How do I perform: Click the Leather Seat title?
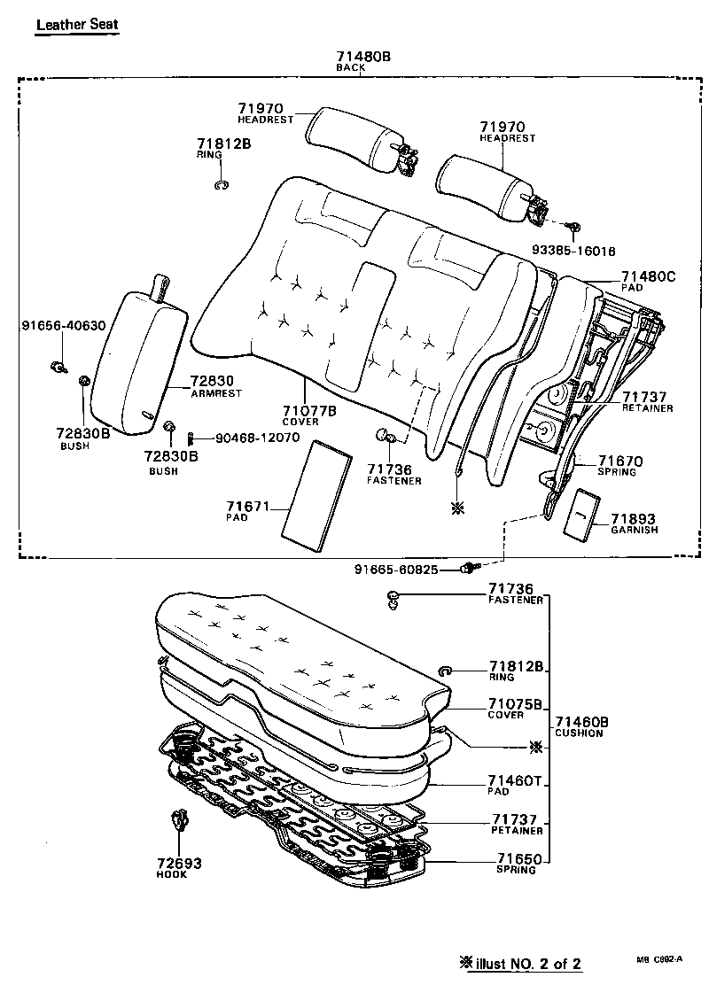tap(76, 24)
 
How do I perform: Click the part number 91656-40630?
tap(63, 325)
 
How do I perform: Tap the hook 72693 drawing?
tap(181, 820)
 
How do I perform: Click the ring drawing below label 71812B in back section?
tap(222, 185)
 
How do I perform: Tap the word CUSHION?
tap(580, 733)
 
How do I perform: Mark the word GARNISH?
tap(635, 530)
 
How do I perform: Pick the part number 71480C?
tap(648, 277)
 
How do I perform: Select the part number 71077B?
tap(309, 411)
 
